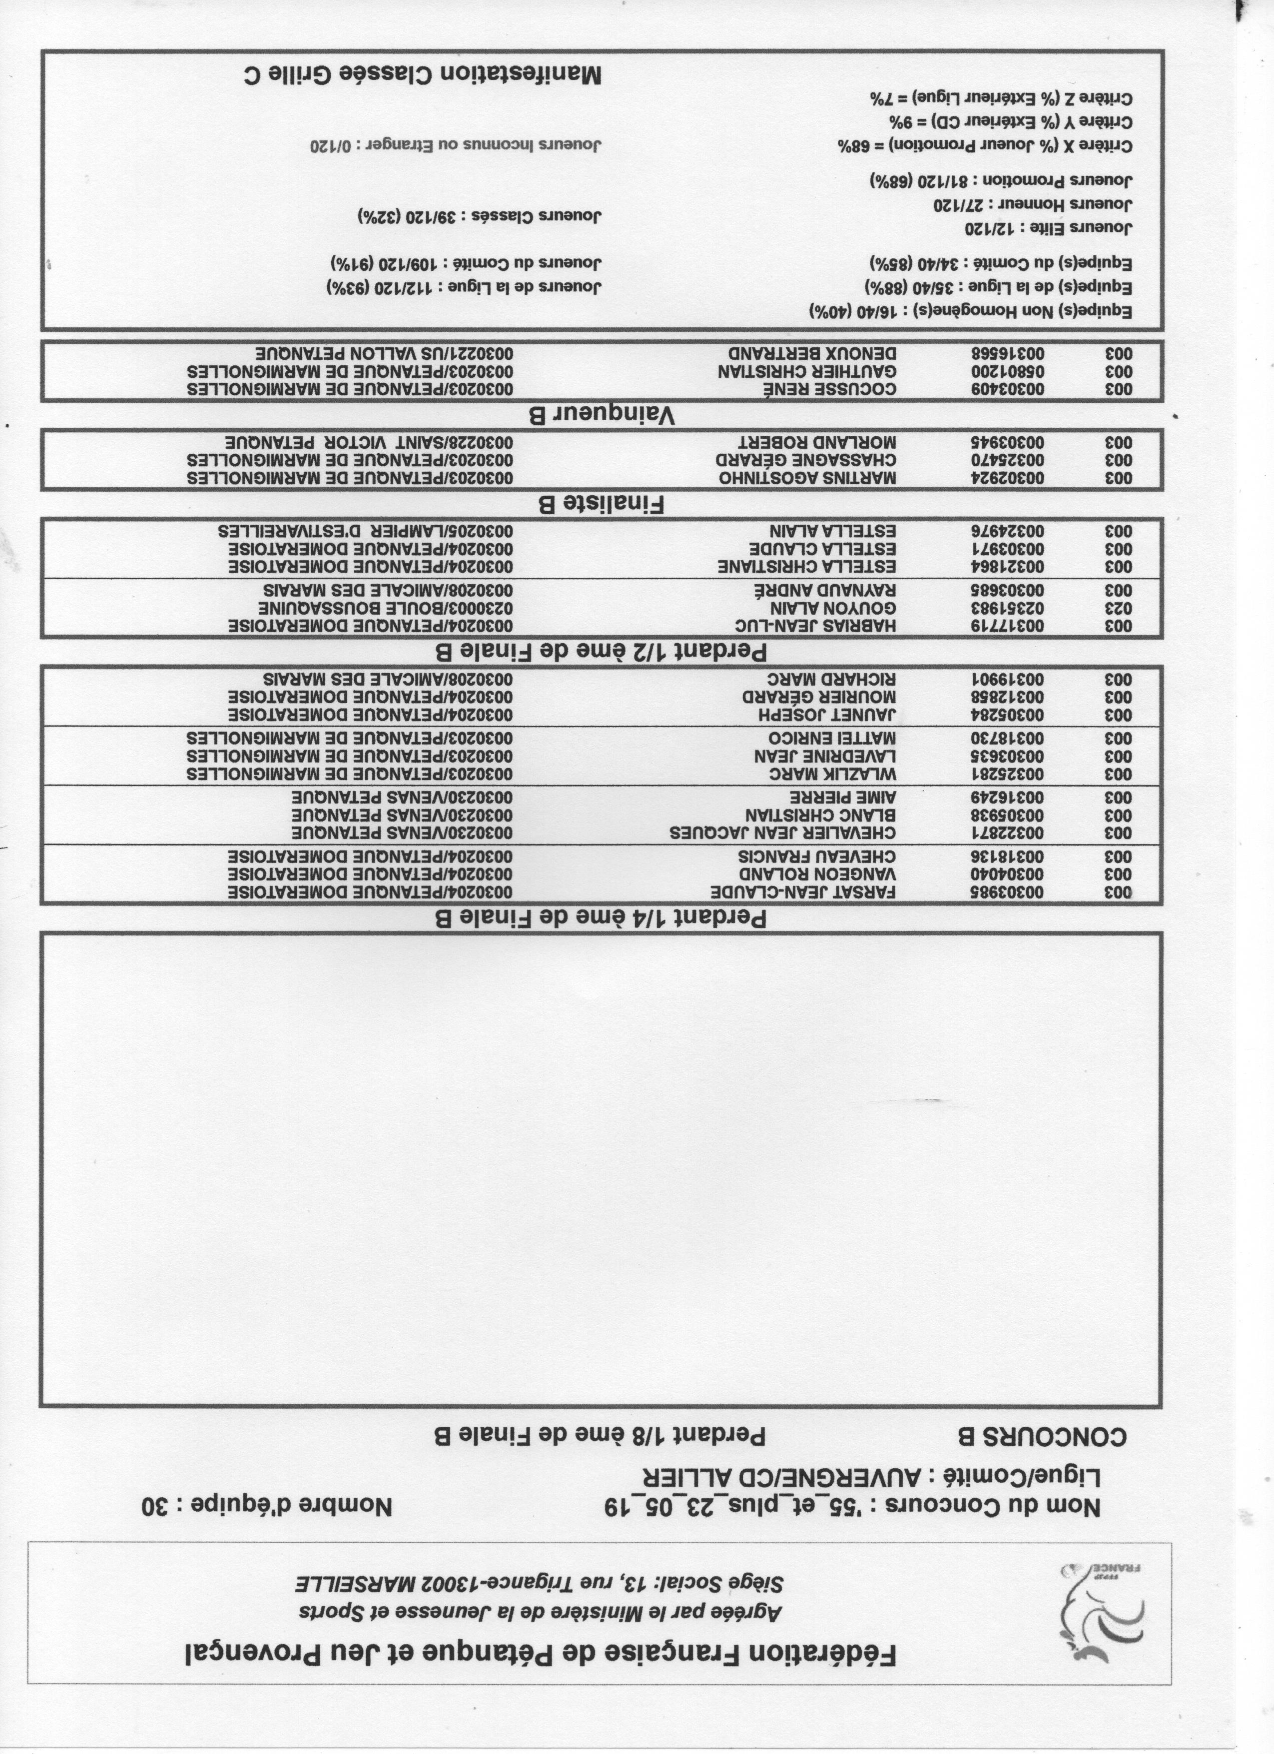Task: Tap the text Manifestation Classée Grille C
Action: pos(421,74)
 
